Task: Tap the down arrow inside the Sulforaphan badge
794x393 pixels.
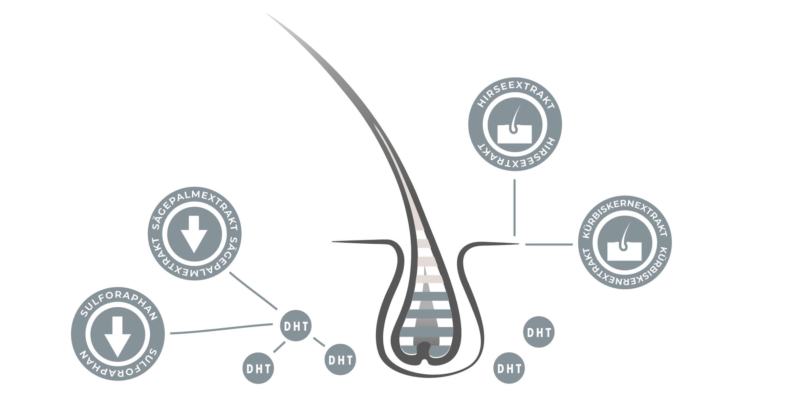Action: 118,336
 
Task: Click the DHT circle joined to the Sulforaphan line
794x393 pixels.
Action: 295,326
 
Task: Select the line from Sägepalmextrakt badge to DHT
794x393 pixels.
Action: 253,291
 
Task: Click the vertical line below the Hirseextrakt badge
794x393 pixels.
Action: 514,207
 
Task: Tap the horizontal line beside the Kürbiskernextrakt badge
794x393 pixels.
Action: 549,244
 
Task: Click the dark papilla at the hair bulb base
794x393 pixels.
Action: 425,349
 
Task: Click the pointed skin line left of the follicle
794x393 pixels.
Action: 354,242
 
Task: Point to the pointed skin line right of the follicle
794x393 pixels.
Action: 492,244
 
